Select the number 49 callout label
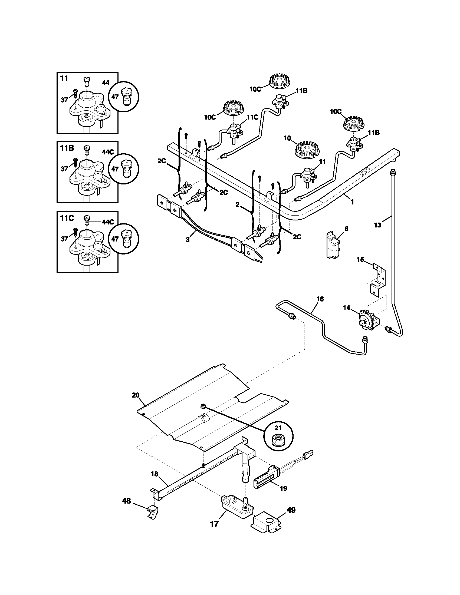pyautogui.click(x=291, y=510)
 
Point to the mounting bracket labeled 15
pyautogui.click(x=379, y=281)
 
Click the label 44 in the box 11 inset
pyautogui.click(x=106, y=83)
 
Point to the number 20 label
pyautogui.click(x=136, y=395)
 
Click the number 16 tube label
pyautogui.click(x=320, y=299)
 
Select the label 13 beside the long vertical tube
pyautogui.click(x=377, y=225)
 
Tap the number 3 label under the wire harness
pyautogui.click(x=188, y=240)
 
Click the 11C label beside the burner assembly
pyautogui.click(x=252, y=117)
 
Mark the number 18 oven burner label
pyautogui.click(x=155, y=474)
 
